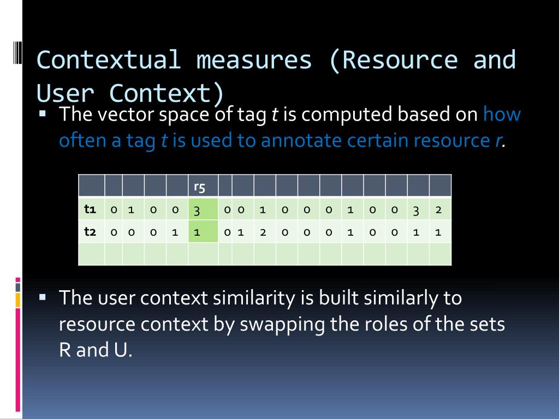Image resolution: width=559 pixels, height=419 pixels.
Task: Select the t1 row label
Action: click(90, 209)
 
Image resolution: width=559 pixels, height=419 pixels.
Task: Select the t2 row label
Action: click(90, 231)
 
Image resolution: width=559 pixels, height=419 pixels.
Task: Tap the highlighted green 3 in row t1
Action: click(197, 210)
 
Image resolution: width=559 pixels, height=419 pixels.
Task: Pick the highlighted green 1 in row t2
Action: click(197, 232)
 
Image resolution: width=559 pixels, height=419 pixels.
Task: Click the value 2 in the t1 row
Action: click(438, 210)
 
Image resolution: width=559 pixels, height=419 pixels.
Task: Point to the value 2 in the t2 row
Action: click(263, 232)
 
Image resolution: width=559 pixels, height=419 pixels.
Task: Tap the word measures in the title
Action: click(254, 59)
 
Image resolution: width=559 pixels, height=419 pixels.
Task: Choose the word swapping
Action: click(283, 324)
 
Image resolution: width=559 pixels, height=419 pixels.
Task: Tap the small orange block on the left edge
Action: click(18, 300)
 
